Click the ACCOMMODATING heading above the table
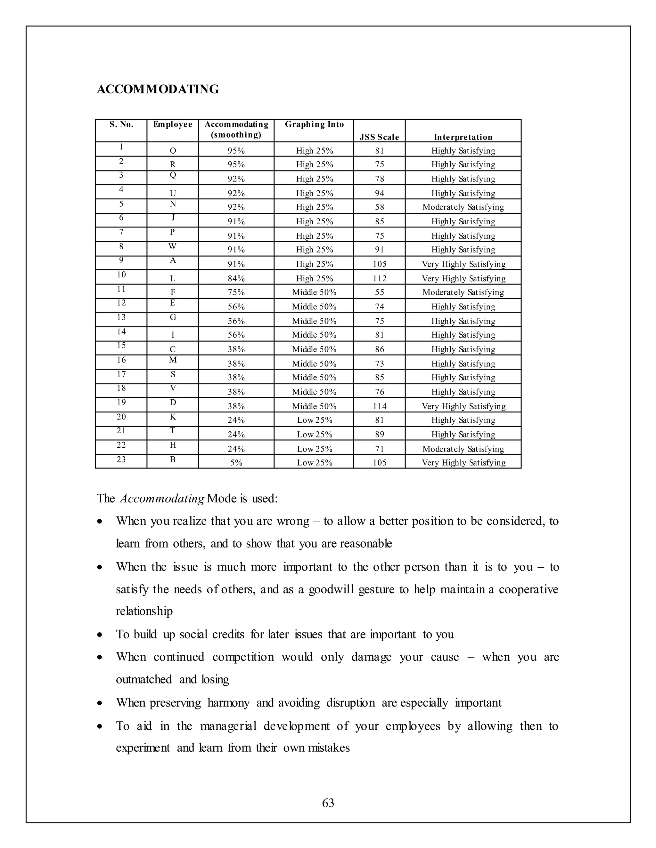158,89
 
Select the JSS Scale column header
379,137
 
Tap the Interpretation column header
463,137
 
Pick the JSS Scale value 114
379,406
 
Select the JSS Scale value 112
379,278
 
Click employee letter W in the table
173,246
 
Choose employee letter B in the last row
173,459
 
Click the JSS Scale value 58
379,207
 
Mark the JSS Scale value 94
379,193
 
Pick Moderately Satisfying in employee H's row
463,449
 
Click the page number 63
328,803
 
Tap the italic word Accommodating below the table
162,499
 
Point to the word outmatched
144,679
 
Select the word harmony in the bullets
228,702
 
